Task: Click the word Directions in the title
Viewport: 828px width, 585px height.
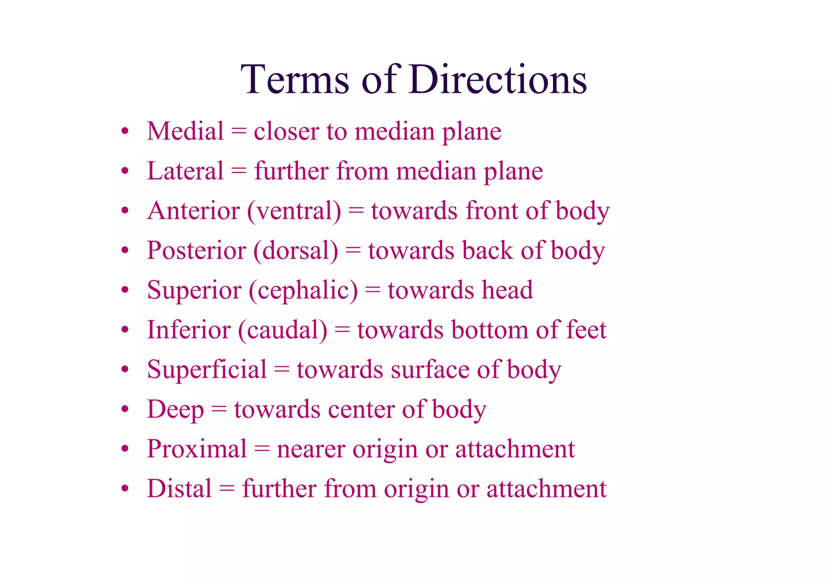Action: tap(498, 79)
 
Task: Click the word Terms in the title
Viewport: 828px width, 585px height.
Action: tap(295, 79)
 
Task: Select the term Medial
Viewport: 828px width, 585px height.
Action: tap(185, 131)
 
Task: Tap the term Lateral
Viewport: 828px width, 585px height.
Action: tap(185, 171)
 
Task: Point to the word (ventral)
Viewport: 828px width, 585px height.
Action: tap(294, 211)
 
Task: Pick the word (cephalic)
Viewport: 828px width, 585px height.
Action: tap(303, 290)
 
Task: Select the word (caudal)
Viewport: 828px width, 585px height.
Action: tap(283, 330)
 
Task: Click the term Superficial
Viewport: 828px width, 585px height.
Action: tap(207, 370)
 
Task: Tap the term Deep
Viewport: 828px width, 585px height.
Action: tap(175, 409)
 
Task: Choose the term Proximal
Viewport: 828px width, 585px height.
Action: tap(197, 449)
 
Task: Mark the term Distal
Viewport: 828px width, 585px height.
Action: tap(180, 488)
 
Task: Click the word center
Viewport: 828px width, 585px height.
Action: tap(361, 409)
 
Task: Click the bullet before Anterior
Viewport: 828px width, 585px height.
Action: tap(125, 211)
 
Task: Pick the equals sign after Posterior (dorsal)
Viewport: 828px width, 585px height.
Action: tap(353, 251)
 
